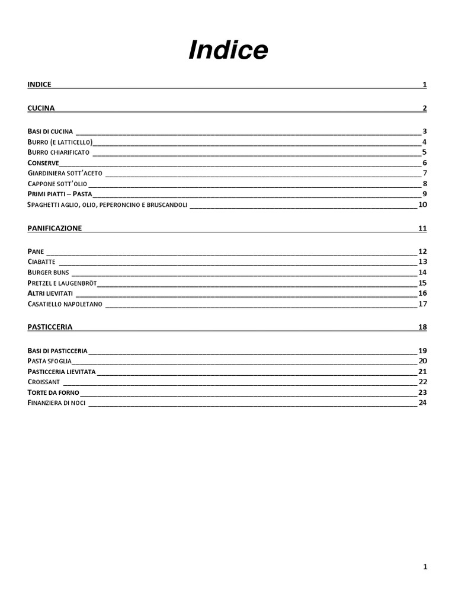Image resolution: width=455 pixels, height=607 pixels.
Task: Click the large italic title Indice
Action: pyautogui.click(x=228, y=51)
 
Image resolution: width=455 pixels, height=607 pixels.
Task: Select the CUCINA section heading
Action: pyautogui.click(x=41, y=108)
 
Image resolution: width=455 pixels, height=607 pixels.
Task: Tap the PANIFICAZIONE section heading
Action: pyautogui.click(x=55, y=228)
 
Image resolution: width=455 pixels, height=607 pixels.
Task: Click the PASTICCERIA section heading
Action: pyautogui.click(x=50, y=327)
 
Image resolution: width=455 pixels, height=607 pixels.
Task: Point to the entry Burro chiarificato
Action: pyautogui.click(x=58, y=152)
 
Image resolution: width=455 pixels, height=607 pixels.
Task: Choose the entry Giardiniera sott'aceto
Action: pyautogui.click(x=65, y=173)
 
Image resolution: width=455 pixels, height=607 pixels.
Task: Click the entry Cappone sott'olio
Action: pyautogui.click(x=57, y=184)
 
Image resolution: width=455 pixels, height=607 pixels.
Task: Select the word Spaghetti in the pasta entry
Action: pyautogui.click(x=45, y=205)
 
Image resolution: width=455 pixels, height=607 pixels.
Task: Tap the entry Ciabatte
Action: pyautogui.click(x=41, y=261)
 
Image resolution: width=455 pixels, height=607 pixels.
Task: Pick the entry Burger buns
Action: pyautogui.click(x=49, y=272)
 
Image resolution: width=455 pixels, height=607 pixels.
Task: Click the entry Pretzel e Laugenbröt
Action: pyautogui.click(x=62, y=283)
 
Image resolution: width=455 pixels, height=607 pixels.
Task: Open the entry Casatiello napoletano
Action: pyautogui.click(x=65, y=304)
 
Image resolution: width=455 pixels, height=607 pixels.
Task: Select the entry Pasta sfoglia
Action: pyautogui.click(x=49, y=361)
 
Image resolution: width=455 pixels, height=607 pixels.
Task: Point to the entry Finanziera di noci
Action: pyautogui.click(x=56, y=403)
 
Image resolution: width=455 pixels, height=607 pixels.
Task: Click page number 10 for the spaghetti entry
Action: pyautogui.click(x=422, y=205)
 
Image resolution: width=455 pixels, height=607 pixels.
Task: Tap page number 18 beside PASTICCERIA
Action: pyautogui.click(x=422, y=327)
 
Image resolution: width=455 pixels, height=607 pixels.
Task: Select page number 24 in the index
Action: pyautogui.click(x=422, y=403)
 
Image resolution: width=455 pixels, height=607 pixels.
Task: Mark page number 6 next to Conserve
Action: pyautogui.click(x=425, y=163)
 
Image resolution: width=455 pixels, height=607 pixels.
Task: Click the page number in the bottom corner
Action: pyautogui.click(x=425, y=567)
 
